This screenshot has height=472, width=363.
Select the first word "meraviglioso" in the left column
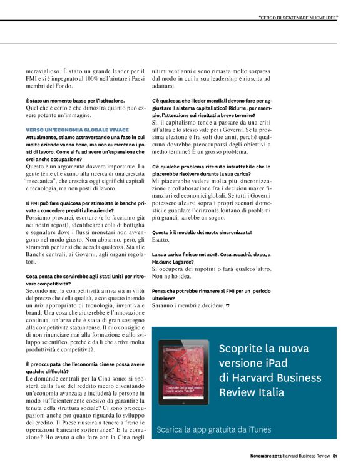pyautogui.click(x=44, y=71)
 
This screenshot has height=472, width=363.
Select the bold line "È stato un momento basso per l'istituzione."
pyautogui.click(x=72, y=100)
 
